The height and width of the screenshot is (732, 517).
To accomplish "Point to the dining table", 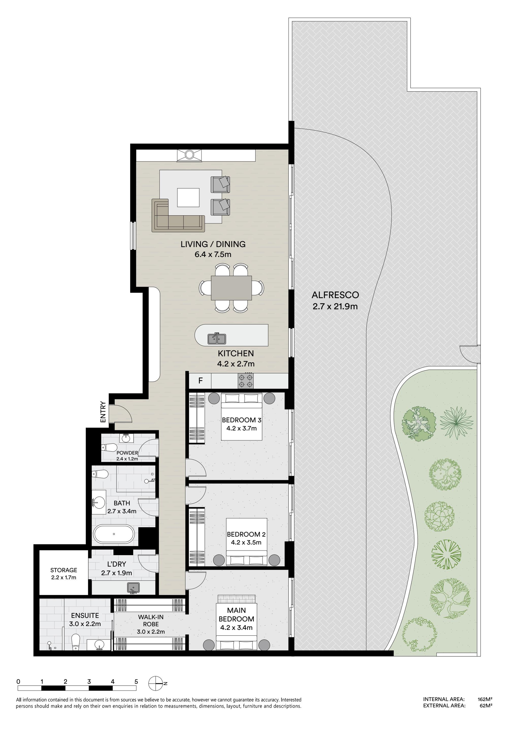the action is pos(231,288).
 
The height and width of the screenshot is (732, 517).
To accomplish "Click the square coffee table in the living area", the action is pos(188,198).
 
